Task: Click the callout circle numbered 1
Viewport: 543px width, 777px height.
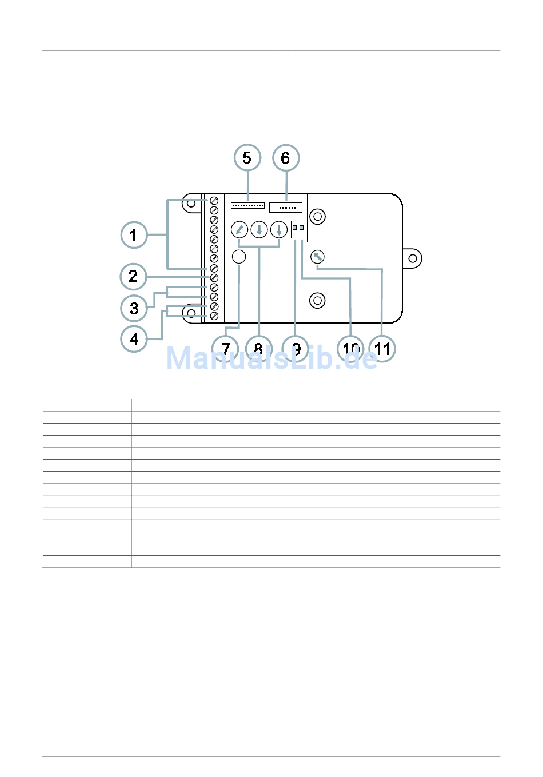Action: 134,235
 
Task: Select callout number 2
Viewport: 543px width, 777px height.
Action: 133,277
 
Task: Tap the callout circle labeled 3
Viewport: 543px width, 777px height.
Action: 134,309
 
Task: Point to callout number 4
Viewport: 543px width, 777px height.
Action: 134,339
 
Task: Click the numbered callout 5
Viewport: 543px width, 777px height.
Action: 247,158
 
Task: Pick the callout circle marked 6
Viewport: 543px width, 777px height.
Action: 286,158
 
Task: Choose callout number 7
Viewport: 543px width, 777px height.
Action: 226,348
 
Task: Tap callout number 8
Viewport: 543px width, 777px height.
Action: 258,348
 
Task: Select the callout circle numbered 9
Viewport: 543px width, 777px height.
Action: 296,348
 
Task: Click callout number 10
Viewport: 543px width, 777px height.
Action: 350,348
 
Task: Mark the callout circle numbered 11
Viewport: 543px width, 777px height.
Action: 382,348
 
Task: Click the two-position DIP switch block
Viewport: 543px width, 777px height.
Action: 298,229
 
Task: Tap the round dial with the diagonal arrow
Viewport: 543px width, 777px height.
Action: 239,230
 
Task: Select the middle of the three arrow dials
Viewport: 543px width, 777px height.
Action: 259,230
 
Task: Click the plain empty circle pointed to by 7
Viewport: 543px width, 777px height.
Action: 239,257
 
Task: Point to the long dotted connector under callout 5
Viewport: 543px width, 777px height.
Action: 247,205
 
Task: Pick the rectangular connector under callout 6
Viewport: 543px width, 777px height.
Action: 286,207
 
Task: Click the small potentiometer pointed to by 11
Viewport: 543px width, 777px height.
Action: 317,257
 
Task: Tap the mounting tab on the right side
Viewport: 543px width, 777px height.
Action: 412,258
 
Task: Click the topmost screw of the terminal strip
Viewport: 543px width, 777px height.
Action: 214,201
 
